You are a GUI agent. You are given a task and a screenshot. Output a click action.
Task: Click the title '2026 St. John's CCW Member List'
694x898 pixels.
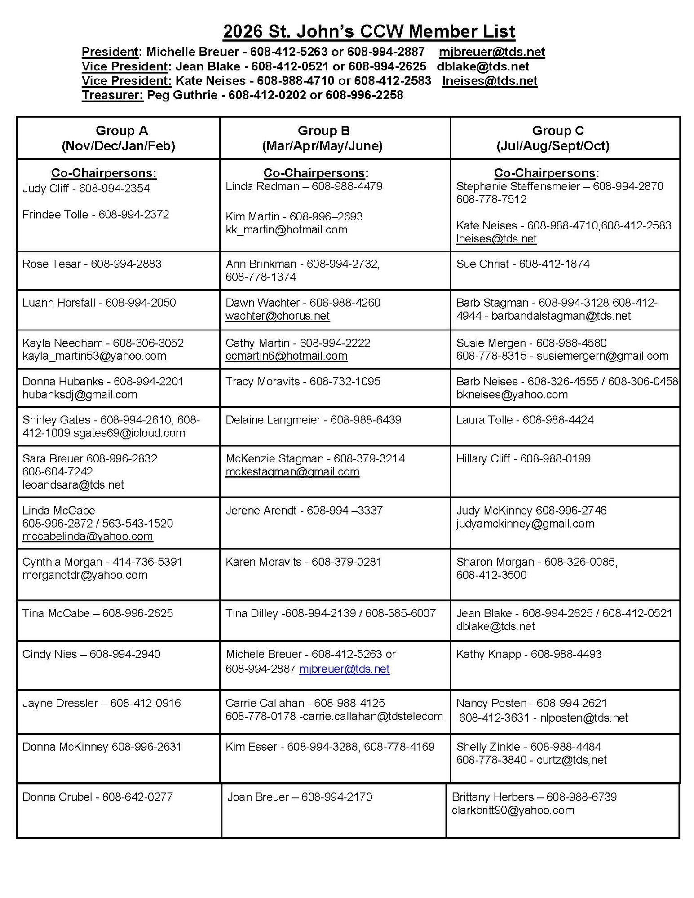(x=368, y=31)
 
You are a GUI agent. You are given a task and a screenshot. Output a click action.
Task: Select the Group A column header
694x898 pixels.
(x=118, y=138)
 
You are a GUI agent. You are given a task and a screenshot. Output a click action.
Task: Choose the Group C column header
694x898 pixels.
(x=557, y=138)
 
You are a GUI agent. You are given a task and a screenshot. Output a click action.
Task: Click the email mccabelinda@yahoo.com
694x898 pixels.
(x=88, y=536)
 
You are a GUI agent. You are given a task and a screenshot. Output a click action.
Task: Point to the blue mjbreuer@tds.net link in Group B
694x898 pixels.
(x=344, y=669)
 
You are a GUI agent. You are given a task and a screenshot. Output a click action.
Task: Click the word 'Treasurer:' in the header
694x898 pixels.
(x=112, y=95)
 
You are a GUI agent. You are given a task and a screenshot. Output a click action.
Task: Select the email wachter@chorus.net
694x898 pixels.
(x=278, y=316)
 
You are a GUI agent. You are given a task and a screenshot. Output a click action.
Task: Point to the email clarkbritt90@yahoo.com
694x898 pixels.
(x=513, y=810)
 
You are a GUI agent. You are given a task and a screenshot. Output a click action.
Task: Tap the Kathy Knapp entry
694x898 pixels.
(x=529, y=654)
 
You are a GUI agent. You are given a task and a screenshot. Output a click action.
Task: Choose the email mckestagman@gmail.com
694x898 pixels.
(x=292, y=471)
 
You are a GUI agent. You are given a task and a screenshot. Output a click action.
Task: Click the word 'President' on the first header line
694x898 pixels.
(x=110, y=52)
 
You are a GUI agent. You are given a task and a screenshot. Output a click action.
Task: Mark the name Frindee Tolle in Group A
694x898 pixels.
(x=55, y=215)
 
